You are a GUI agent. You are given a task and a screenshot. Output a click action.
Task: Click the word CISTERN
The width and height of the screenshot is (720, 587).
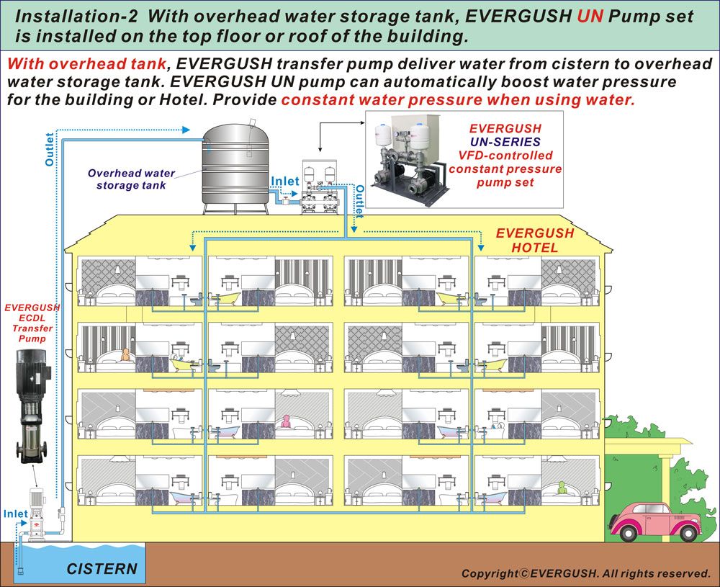(102, 568)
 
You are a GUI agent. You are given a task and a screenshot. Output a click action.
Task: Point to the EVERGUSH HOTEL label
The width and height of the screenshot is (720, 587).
(535, 241)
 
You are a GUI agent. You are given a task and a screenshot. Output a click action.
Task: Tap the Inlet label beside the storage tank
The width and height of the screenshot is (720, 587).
(284, 182)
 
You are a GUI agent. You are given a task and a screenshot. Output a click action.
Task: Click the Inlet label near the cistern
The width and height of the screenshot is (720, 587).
(16, 514)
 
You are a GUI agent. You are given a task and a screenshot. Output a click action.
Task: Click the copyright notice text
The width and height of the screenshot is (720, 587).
(585, 573)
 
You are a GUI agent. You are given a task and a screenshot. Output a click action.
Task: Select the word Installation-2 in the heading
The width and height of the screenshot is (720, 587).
(68, 16)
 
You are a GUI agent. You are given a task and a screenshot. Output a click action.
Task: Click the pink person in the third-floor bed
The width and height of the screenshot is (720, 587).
(287, 420)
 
